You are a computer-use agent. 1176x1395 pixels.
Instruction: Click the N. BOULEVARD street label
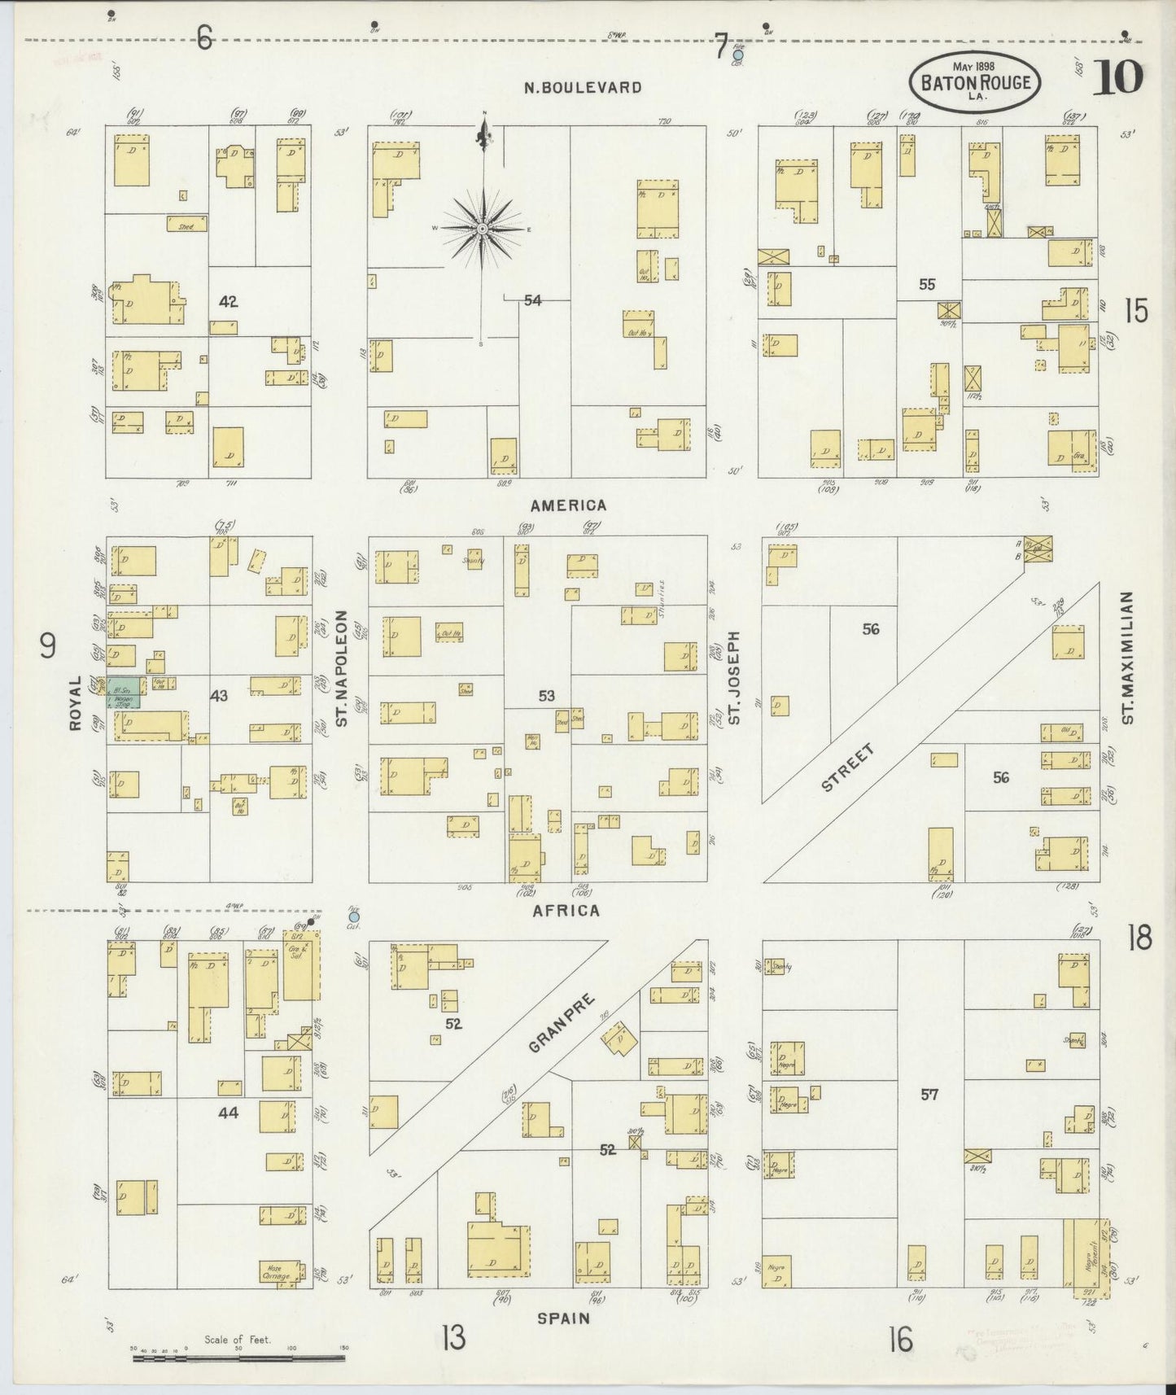click(x=583, y=88)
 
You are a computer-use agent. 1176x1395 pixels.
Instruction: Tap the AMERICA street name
click(x=570, y=505)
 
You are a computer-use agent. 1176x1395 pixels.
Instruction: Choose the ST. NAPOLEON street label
click(x=342, y=668)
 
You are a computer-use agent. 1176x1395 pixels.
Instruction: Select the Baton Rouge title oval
click(x=974, y=83)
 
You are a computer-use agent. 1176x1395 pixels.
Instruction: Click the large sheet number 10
click(x=1117, y=79)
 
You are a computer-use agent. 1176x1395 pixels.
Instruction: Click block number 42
click(x=228, y=302)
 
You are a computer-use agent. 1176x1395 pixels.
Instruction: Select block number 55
click(x=927, y=284)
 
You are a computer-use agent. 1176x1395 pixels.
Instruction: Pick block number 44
click(x=228, y=1113)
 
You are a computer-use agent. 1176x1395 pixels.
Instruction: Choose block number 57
click(x=929, y=1095)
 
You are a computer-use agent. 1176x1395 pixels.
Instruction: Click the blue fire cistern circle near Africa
click(x=353, y=916)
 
